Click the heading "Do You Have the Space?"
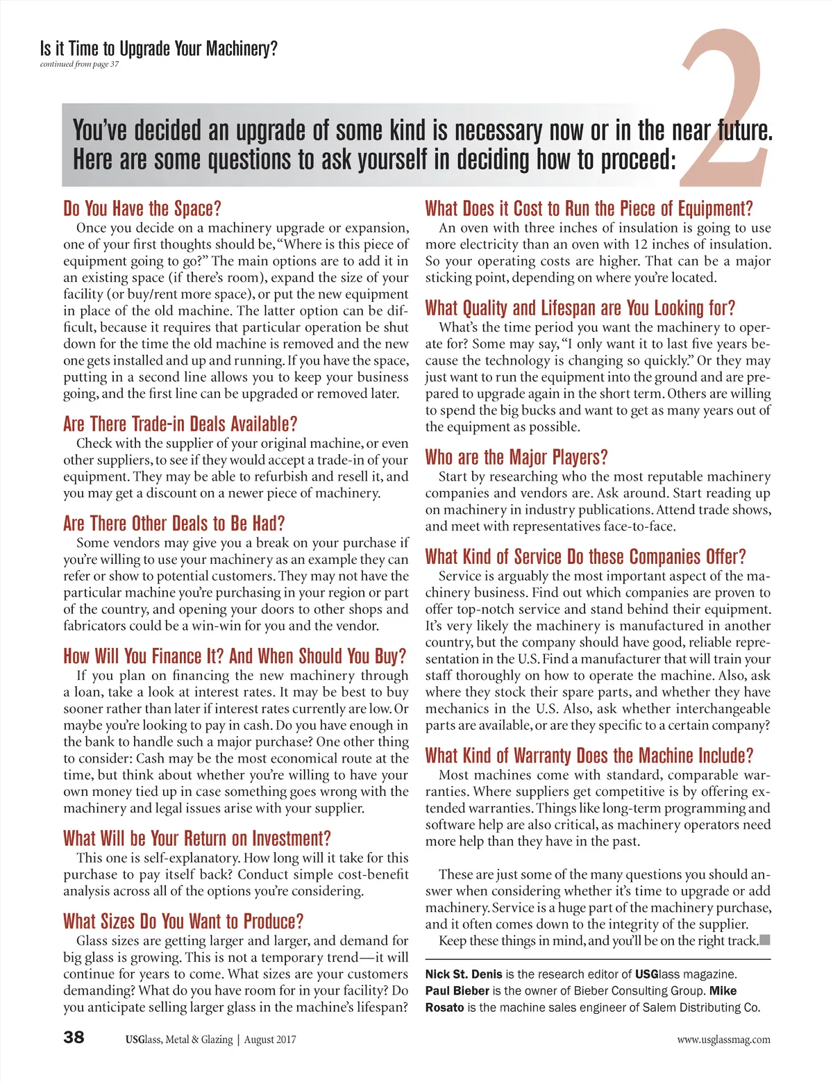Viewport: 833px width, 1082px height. [142, 209]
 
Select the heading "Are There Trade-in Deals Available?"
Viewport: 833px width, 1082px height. [180, 424]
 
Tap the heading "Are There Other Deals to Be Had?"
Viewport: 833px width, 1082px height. [174, 524]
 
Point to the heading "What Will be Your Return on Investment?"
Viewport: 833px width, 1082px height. [196, 839]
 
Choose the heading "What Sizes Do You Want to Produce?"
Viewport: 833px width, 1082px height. [183, 922]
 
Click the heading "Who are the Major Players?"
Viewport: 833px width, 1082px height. [516, 458]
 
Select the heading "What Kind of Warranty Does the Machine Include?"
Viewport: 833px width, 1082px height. [589, 756]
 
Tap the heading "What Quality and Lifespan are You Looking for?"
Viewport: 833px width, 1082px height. [580, 308]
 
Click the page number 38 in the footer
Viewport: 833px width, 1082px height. [74, 1038]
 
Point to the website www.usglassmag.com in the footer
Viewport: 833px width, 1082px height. [723, 1040]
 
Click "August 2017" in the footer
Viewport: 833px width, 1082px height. [270, 1040]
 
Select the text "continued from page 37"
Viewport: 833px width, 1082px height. [79, 65]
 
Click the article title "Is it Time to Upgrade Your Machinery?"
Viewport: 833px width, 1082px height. [158, 49]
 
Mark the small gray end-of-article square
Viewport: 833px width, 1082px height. [765, 940]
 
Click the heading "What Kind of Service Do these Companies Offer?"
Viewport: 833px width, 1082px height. [585, 557]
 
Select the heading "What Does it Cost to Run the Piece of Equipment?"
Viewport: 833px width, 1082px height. [589, 209]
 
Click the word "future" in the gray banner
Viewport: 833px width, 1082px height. [742, 131]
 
